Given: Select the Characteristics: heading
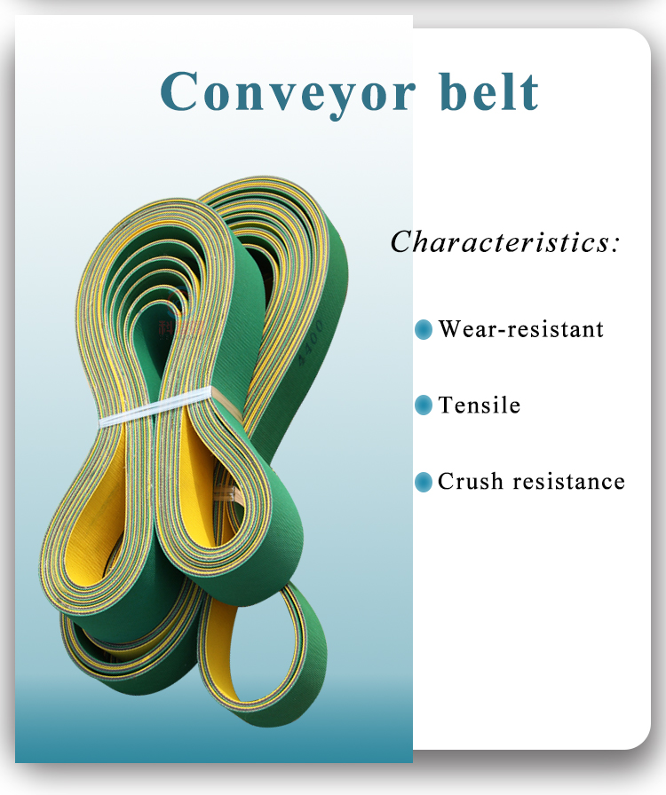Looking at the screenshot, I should [x=505, y=241].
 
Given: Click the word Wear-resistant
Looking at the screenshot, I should [x=521, y=329].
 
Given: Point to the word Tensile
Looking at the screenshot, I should [x=480, y=405].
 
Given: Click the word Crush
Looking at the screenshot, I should [x=468, y=482].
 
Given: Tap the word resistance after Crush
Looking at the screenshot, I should [x=568, y=482].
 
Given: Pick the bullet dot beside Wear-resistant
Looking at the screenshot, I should [x=424, y=330].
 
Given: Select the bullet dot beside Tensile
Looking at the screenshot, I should [x=424, y=406].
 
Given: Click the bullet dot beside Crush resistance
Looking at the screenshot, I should [x=424, y=483].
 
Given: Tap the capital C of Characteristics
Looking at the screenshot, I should [x=402, y=241].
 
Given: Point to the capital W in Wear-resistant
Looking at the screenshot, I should [x=450, y=329].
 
